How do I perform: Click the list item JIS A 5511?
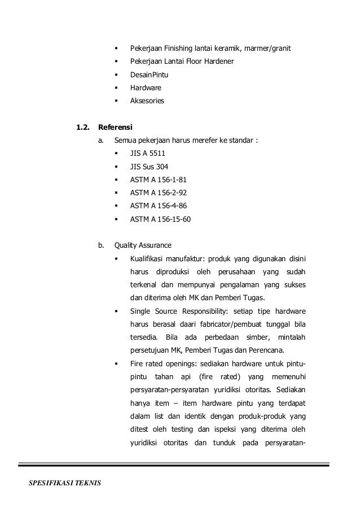coord(148,153)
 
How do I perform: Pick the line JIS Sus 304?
coord(149,166)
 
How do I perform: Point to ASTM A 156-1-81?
coord(158,180)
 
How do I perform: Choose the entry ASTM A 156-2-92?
coord(158,194)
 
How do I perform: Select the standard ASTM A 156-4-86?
coord(158,206)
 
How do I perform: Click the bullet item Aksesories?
coord(147,101)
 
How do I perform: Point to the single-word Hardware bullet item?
coord(146,88)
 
